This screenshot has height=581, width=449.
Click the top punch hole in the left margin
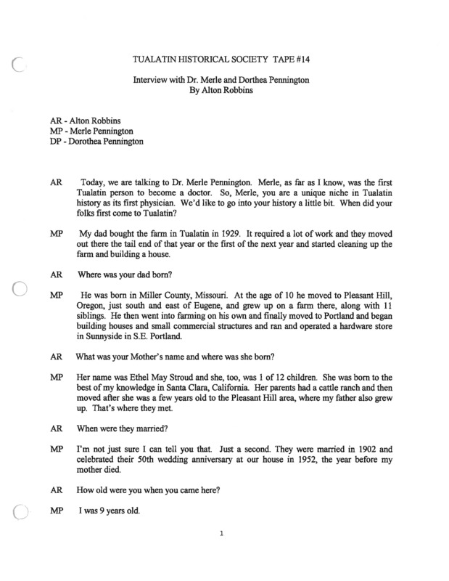point(20,65)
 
